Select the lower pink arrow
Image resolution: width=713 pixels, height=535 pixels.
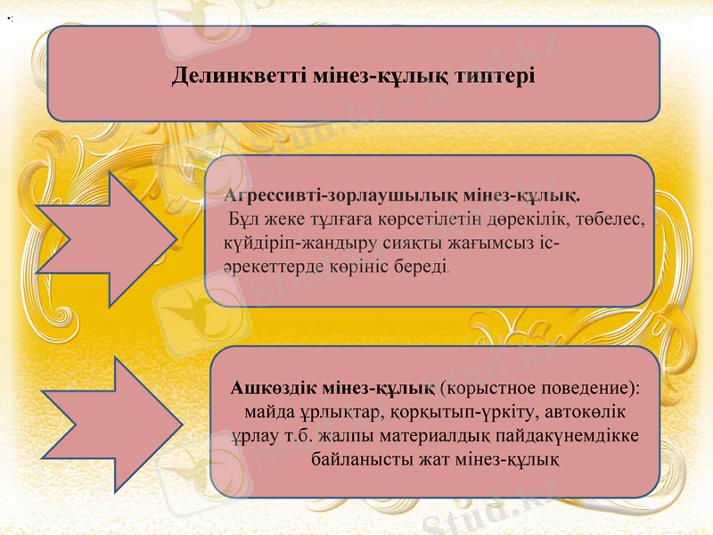point(110,424)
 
